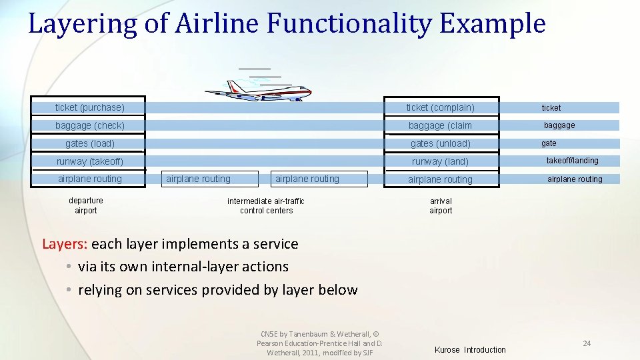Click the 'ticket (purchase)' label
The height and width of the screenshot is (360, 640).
pyautogui.click(x=89, y=107)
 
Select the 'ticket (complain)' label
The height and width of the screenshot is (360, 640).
pyautogui.click(x=440, y=107)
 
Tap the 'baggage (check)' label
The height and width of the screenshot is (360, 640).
pyautogui.click(x=89, y=125)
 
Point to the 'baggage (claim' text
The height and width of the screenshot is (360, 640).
pyautogui.click(x=440, y=125)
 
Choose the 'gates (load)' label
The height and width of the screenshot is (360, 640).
pyautogui.click(x=89, y=143)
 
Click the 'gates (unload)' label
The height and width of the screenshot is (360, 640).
pyautogui.click(x=440, y=143)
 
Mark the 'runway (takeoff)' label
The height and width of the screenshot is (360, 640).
pyautogui.click(x=89, y=161)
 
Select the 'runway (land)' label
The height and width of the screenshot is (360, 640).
pyautogui.click(x=440, y=161)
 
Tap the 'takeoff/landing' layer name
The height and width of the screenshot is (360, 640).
pyautogui.click(x=572, y=161)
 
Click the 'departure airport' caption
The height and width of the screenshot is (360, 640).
pyautogui.click(x=86, y=205)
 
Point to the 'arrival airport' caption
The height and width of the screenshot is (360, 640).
pyautogui.click(x=441, y=206)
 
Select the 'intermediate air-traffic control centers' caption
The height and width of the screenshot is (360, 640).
pyautogui.click(x=266, y=206)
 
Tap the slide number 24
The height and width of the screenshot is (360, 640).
pyautogui.click(x=587, y=343)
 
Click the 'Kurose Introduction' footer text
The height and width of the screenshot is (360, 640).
pyautogui.click(x=470, y=350)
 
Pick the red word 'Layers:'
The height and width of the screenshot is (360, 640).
pyautogui.click(x=65, y=244)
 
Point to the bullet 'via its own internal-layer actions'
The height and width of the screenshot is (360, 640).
pyautogui.click(x=183, y=267)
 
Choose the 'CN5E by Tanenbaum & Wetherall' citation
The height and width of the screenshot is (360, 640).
pyautogui.click(x=319, y=334)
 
